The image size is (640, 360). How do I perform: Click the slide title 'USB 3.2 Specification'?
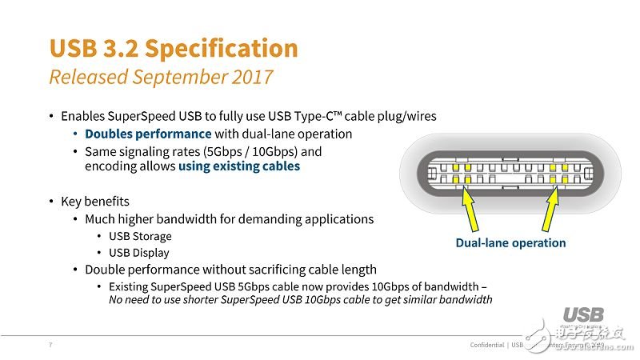click(174, 48)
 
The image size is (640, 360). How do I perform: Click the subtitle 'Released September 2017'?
click(161, 77)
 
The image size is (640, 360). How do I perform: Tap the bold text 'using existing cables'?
click(239, 166)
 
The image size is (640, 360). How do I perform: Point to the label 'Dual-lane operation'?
click(510, 243)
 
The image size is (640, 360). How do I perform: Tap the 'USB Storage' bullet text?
click(140, 236)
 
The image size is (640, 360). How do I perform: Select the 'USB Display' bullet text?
click(139, 253)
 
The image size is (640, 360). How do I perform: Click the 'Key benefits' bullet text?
click(94, 201)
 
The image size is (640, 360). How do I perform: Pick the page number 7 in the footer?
click(51, 345)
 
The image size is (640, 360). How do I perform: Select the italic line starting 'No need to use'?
click(300, 300)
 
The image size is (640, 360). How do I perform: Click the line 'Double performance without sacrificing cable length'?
click(230, 270)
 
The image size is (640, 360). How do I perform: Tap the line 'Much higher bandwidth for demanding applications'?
click(229, 218)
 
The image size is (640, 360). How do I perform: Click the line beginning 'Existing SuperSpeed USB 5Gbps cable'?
click(298, 286)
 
